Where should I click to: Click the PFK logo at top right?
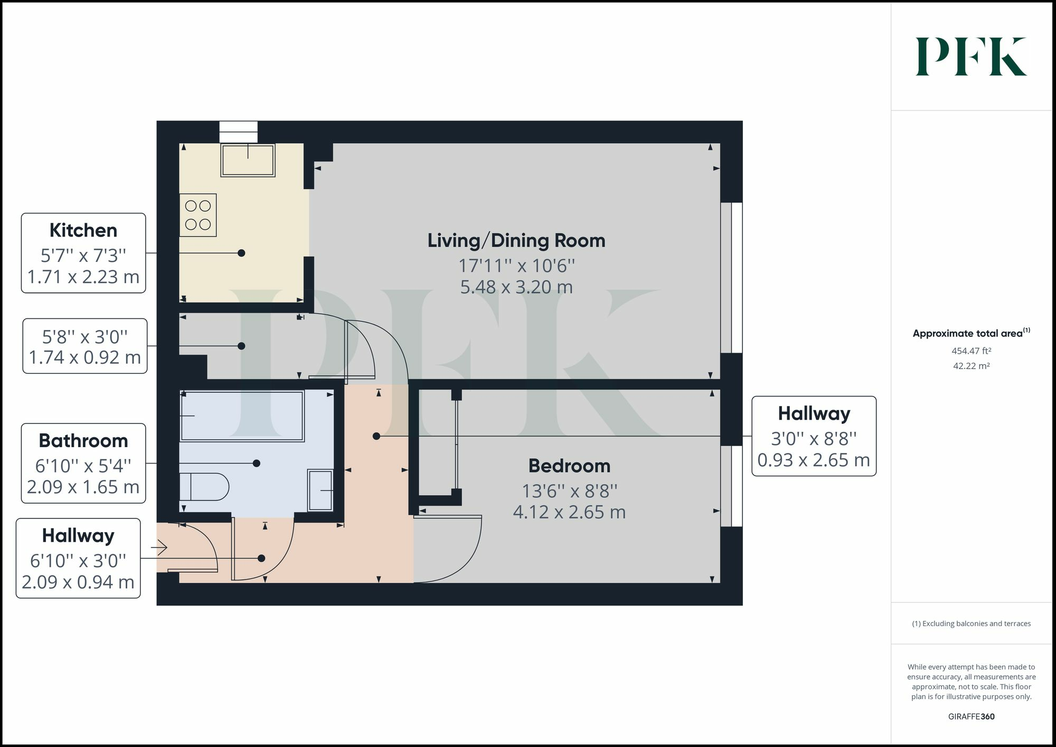click(x=970, y=56)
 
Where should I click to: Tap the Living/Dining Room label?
click(x=516, y=241)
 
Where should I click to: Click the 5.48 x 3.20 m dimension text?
click(x=516, y=287)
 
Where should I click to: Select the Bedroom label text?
click(x=569, y=466)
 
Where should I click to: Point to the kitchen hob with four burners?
click(x=198, y=215)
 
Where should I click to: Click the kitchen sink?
click(x=248, y=160)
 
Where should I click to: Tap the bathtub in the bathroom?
click(x=242, y=416)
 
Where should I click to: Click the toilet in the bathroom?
click(x=204, y=487)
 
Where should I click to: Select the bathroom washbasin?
click(x=320, y=490)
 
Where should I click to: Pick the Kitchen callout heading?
click(x=83, y=231)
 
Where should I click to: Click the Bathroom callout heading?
click(x=83, y=441)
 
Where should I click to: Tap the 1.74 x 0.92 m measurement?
click(x=84, y=357)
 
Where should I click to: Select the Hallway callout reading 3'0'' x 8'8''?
click(x=814, y=436)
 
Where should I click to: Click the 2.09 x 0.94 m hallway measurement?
click(x=78, y=582)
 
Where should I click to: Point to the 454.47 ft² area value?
click(x=971, y=351)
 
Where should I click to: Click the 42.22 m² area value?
click(x=971, y=366)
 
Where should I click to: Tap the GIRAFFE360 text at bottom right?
click(x=971, y=716)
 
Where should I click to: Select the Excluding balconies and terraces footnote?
click(x=971, y=623)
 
